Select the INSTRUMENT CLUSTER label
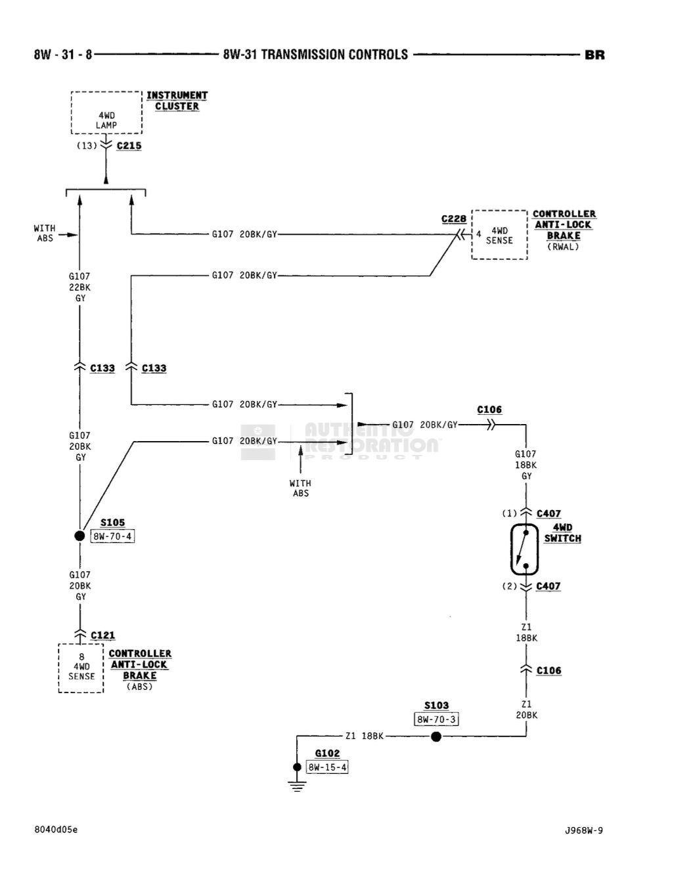pos(177,100)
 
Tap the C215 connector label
pos(129,146)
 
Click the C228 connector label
pos(454,219)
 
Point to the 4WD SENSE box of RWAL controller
pos(499,235)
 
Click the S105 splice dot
pos(80,536)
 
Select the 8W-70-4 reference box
pos(113,536)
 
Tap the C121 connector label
pos(102,635)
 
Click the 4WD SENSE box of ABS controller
pos(81,667)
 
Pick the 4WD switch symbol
pos(525,550)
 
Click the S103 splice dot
pos(436,736)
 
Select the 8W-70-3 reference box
pos(436,719)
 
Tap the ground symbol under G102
pos(298,785)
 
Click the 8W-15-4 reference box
pos(328,767)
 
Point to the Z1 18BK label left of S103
pos(364,736)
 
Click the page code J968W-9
pos(583,830)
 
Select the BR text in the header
pos(594,55)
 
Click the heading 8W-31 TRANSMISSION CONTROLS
pos(315,55)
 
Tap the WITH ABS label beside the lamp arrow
pos(45,233)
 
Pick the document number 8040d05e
pos(56,830)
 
